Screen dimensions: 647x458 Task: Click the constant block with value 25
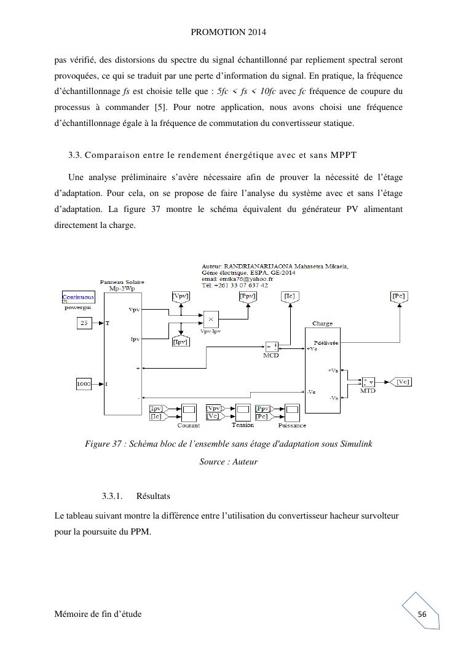[x=84, y=323]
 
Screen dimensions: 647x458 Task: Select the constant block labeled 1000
[x=84, y=384]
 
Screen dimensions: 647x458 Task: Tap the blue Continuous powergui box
[x=78, y=297]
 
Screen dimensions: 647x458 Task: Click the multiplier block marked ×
[x=211, y=320]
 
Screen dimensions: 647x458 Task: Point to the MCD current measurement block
[x=272, y=346]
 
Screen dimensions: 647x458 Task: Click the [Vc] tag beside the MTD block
[x=403, y=382]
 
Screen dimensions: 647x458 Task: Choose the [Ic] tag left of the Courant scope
[x=157, y=417]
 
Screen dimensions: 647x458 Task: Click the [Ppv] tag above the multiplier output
[x=247, y=296]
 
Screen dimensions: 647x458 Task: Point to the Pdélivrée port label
[x=326, y=343]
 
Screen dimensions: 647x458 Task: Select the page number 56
[x=422, y=614]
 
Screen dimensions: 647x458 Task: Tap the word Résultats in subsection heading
[x=153, y=495]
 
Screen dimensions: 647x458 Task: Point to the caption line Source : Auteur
[x=229, y=461]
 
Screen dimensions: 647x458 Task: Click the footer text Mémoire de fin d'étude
[x=98, y=614]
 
